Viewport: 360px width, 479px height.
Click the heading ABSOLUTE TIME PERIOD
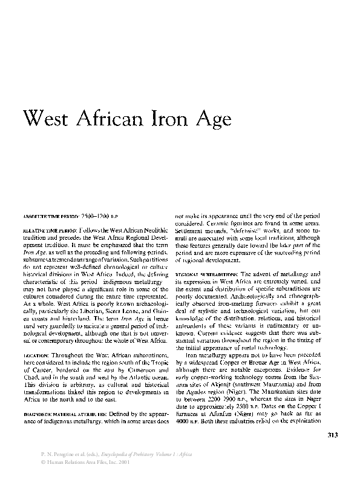[x=50, y=216]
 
